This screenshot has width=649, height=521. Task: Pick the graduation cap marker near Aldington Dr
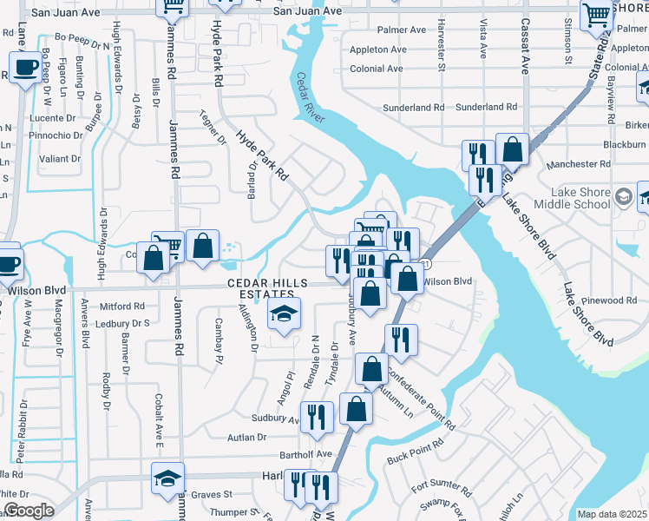(284, 314)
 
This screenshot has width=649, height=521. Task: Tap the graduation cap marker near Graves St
(168, 478)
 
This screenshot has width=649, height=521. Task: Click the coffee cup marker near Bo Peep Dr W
(24, 67)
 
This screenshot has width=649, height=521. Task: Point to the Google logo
(28, 511)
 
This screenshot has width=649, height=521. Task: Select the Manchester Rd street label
(567, 164)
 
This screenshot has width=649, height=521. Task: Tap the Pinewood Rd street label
(609, 300)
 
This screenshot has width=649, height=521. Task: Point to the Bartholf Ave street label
(305, 454)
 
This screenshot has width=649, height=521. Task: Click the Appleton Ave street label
(377, 49)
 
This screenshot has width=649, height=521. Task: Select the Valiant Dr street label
(60, 159)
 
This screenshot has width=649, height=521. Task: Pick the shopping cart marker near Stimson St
(597, 15)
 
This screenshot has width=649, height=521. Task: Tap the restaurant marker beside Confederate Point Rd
(401, 339)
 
